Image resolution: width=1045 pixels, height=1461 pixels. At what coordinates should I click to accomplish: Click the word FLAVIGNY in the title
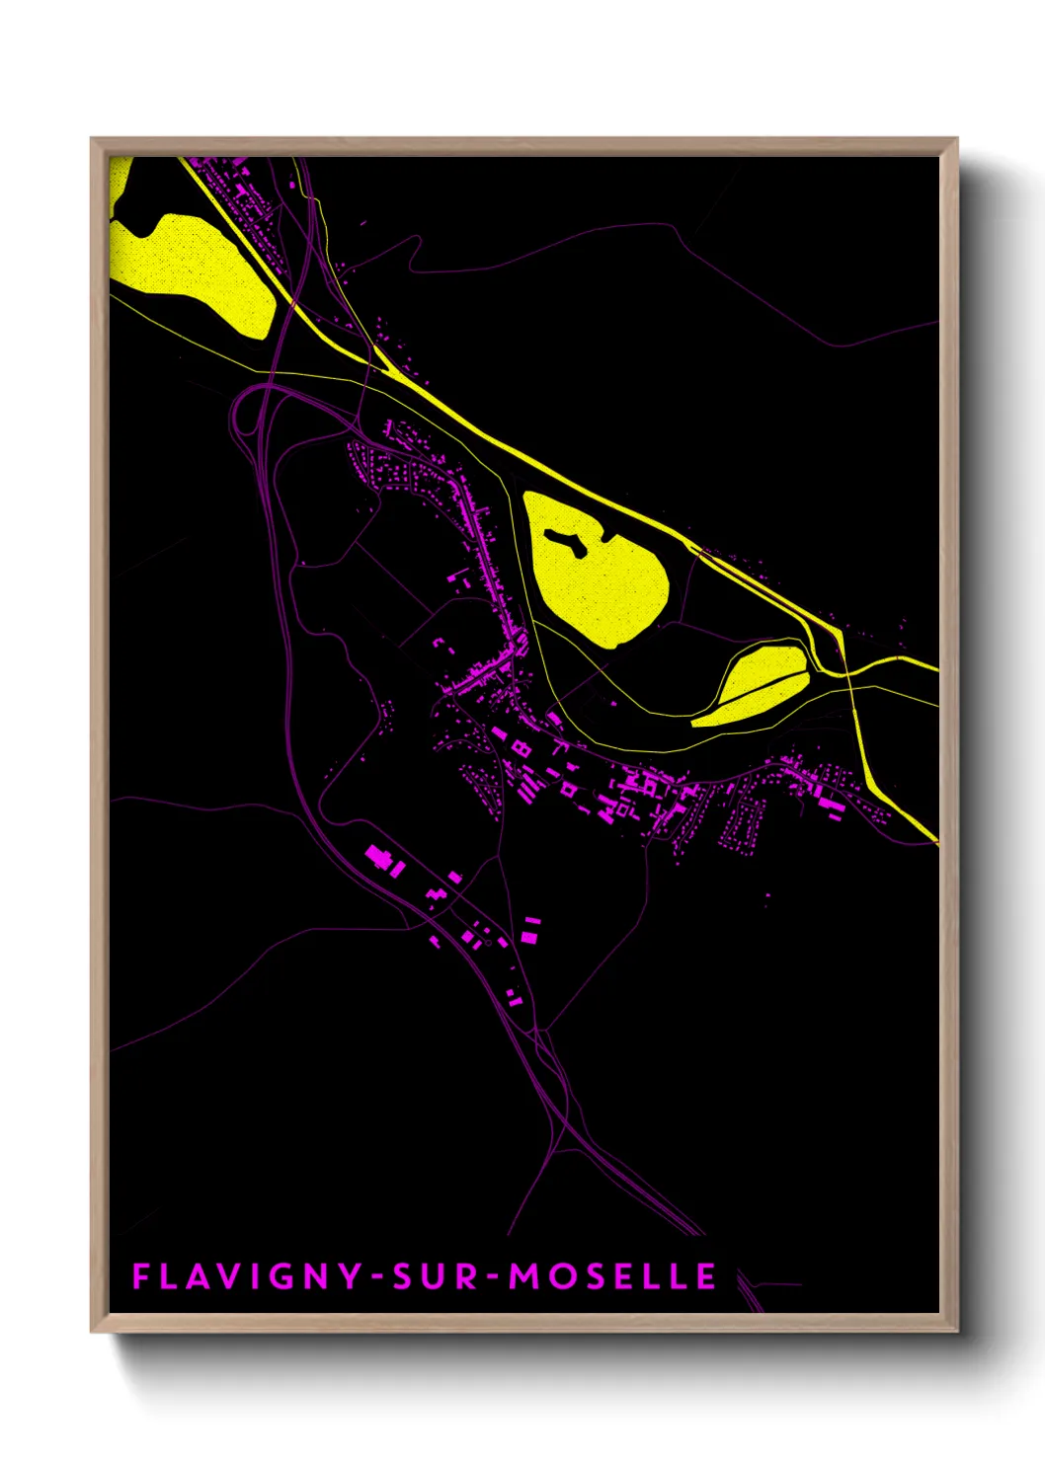tap(248, 1276)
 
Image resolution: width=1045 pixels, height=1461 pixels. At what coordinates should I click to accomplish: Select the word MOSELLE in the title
tap(612, 1276)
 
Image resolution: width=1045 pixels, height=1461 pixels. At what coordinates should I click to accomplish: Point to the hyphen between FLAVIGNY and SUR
tap(377, 1277)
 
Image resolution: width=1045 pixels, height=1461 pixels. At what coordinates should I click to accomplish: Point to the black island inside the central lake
tap(565, 540)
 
